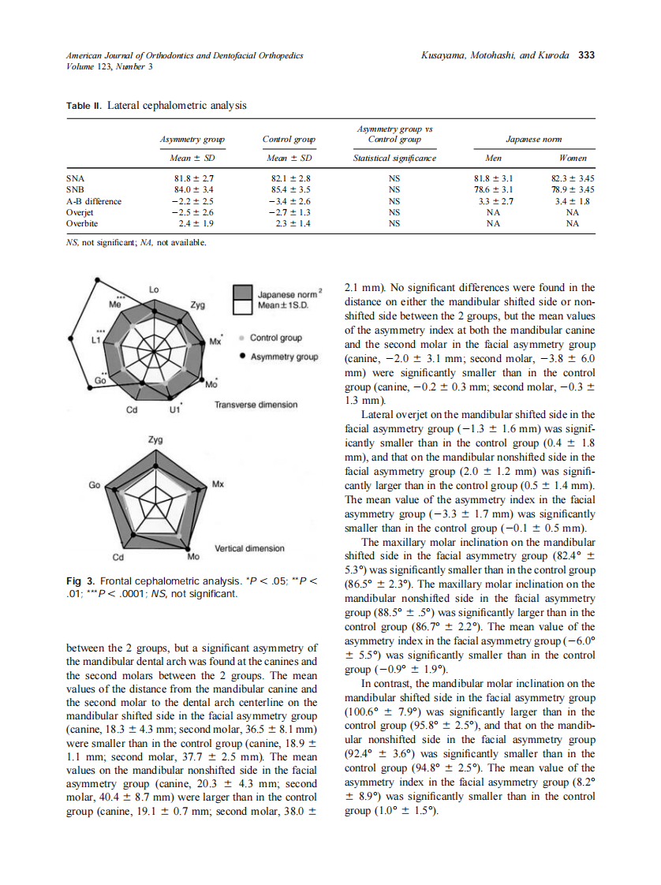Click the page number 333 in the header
point(586,56)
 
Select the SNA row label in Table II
point(76,179)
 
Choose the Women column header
point(573,158)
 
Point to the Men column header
point(493,158)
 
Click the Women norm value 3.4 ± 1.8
point(573,201)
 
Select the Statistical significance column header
point(394,158)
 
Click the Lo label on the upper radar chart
point(155,289)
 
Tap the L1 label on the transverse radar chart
point(95,341)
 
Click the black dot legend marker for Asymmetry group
point(241,357)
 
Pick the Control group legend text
point(275,338)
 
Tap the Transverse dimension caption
point(256,405)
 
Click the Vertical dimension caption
point(249,549)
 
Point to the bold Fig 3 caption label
point(81,581)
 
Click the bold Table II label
point(84,105)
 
